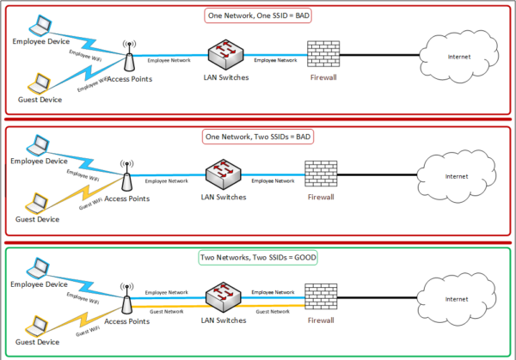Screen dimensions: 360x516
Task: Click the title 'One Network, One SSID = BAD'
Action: pos(257,15)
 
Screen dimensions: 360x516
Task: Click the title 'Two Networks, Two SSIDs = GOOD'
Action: pos(257,257)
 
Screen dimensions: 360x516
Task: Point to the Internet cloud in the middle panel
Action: pos(454,176)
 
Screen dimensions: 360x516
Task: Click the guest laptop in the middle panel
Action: pos(35,204)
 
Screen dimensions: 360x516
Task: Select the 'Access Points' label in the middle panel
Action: pos(127,198)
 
